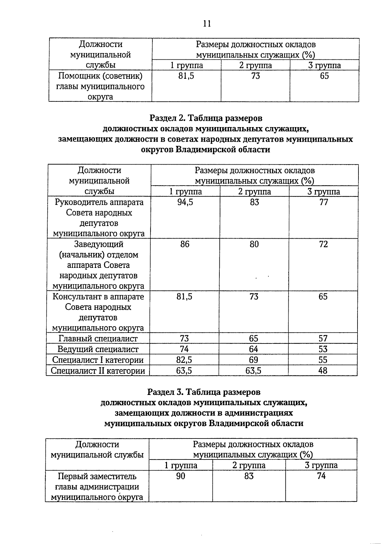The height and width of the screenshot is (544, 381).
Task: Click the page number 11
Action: tap(207, 24)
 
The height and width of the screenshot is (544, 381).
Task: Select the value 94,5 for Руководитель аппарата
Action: tap(185, 202)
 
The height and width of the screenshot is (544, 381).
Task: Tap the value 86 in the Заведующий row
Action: tap(184, 244)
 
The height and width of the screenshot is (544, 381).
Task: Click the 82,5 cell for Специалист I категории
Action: tap(184, 360)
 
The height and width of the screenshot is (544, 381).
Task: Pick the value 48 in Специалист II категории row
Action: tap(323, 371)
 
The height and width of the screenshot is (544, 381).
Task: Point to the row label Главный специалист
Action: tap(98, 338)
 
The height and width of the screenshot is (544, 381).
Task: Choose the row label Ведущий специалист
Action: tap(98, 349)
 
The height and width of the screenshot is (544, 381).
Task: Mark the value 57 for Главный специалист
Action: tap(323, 338)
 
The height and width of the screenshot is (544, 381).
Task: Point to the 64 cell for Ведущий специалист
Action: tap(253, 349)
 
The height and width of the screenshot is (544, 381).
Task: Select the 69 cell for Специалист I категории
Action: tap(253, 360)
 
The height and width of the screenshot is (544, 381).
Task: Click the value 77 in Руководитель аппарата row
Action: tap(324, 202)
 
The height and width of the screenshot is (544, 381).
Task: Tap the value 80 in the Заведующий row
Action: tap(254, 244)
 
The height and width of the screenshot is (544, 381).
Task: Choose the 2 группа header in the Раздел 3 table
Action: tap(249, 465)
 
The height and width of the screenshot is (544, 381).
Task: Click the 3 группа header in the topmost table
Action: tap(324, 65)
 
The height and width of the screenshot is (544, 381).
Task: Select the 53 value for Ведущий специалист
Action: tap(323, 349)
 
